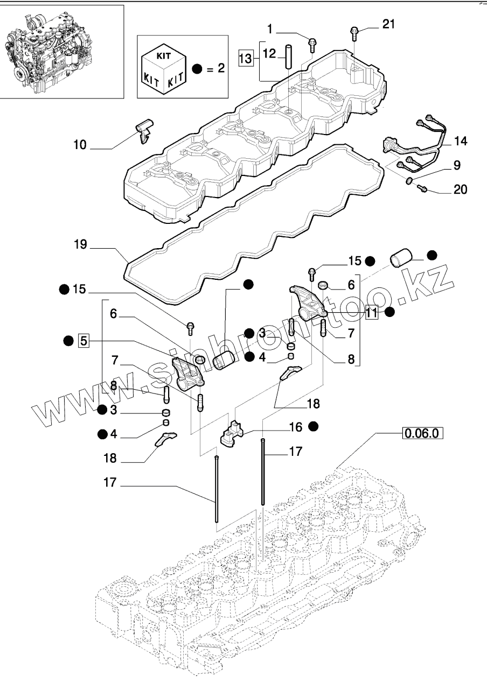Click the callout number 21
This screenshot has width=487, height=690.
(388, 24)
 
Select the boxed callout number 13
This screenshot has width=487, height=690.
(246, 58)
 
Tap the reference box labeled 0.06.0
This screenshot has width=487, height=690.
(422, 433)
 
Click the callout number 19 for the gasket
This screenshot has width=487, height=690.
(80, 244)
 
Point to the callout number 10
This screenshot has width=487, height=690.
(80, 144)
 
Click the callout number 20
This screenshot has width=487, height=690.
(460, 189)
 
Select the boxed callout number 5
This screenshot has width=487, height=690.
(84, 341)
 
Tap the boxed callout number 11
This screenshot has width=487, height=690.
(371, 313)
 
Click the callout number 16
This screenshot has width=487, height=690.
(295, 427)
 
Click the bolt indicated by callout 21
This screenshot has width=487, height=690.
(354, 34)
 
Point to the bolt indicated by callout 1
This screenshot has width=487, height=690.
(311, 44)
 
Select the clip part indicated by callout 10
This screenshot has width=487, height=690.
(144, 131)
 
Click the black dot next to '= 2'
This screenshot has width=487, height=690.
(197, 68)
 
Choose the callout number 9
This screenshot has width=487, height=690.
(457, 165)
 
